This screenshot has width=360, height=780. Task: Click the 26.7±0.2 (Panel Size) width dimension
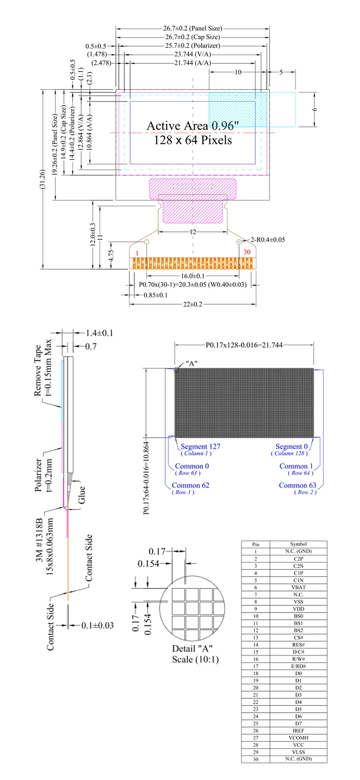click(192, 28)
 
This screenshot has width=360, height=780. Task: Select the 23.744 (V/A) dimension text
click(192, 54)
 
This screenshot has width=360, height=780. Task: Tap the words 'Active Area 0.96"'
click(192, 126)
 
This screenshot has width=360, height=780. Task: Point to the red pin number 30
click(247, 252)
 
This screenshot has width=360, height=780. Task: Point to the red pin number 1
click(137, 253)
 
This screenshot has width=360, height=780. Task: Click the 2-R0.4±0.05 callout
click(268, 240)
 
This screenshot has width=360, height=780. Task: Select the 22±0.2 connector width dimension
click(192, 304)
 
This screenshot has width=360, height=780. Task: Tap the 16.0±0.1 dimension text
click(192, 276)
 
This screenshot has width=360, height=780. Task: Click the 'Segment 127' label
click(200, 446)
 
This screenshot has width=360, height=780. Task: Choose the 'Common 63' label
click(298, 485)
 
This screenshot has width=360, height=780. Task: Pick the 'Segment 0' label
click(291, 446)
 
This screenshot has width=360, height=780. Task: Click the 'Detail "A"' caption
click(192, 649)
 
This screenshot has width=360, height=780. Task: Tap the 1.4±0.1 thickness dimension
click(99, 333)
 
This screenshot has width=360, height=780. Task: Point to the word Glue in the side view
click(82, 495)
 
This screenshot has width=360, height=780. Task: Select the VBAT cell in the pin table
click(299, 588)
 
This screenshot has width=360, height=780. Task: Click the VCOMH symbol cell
click(299, 738)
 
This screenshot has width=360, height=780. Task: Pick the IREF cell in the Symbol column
click(299, 731)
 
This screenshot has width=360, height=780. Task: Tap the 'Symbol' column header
click(299, 544)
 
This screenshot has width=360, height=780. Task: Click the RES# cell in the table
click(299, 645)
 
